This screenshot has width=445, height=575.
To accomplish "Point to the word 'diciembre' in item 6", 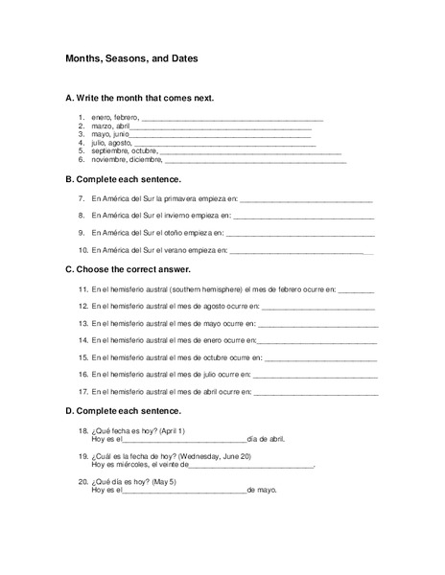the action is tap(151, 161).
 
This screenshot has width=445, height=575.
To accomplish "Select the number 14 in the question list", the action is tap(83, 340).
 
